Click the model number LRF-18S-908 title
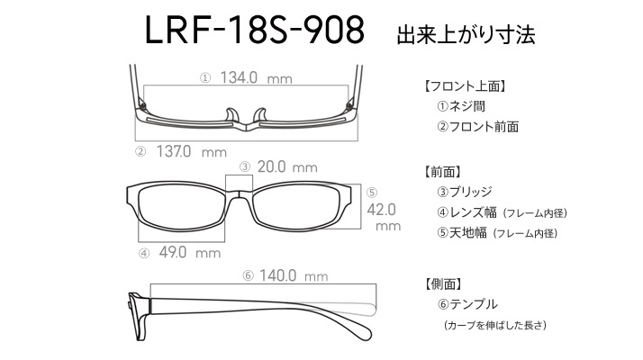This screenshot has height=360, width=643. [255, 30]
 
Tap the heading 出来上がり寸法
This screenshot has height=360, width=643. [466, 35]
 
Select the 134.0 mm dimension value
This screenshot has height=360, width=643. [257, 77]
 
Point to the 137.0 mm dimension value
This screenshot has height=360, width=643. [192, 152]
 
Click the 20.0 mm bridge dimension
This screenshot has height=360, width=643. [287, 166]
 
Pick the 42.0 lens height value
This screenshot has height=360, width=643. [381, 210]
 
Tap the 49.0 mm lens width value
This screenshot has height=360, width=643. [190, 252]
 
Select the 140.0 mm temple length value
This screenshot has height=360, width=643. [294, 275]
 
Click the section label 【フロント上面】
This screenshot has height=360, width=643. [465, 86]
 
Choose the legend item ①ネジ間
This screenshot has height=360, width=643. [461, 106]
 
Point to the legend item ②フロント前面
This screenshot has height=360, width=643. [477, 127]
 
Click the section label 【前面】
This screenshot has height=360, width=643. [442, 172]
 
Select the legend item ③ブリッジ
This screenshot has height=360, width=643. [464, 192]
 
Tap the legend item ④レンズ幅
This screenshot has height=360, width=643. [466, 212]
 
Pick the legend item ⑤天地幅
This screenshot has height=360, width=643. [462, 233]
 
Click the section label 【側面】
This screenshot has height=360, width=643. [442, 283]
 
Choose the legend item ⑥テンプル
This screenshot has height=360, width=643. [467, 304]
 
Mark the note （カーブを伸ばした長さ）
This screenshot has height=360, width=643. [495, 325]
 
